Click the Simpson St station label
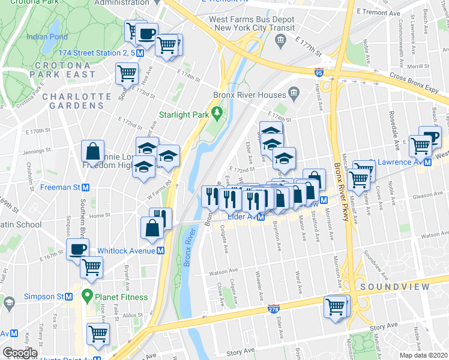point(44,296)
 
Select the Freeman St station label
point(60,187)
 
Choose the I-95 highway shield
point(318,73)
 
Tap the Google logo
point(20,353)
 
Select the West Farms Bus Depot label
point(252,23)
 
